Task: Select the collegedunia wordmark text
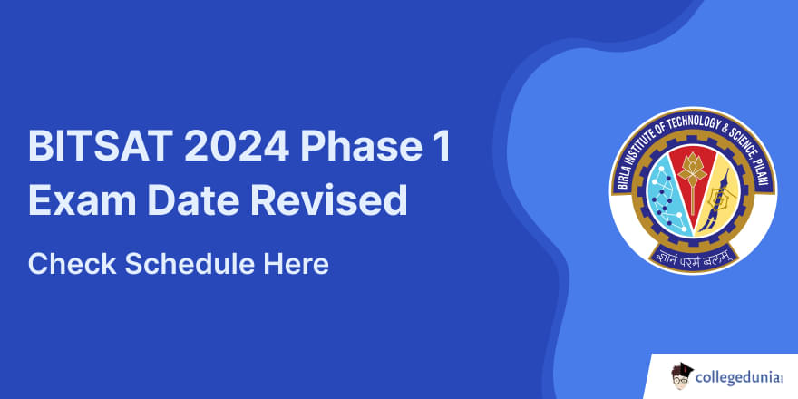738,377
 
